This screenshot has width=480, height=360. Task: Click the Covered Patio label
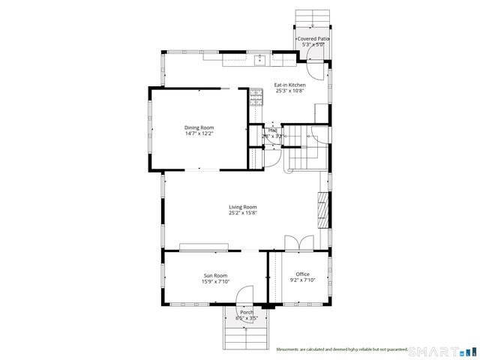click(313, 38)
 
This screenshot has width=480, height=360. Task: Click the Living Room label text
click(243, 207)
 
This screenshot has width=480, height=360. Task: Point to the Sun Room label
click(216, 274)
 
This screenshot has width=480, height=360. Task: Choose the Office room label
click(302, 274)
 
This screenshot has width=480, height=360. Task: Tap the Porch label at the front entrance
click(246, 312)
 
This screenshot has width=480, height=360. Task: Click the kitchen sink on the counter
click(261, 58)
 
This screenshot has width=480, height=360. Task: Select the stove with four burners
click(256, 94)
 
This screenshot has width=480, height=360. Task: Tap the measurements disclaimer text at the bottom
click(341, 349)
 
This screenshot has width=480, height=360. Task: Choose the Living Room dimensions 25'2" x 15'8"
click(243, 213)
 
